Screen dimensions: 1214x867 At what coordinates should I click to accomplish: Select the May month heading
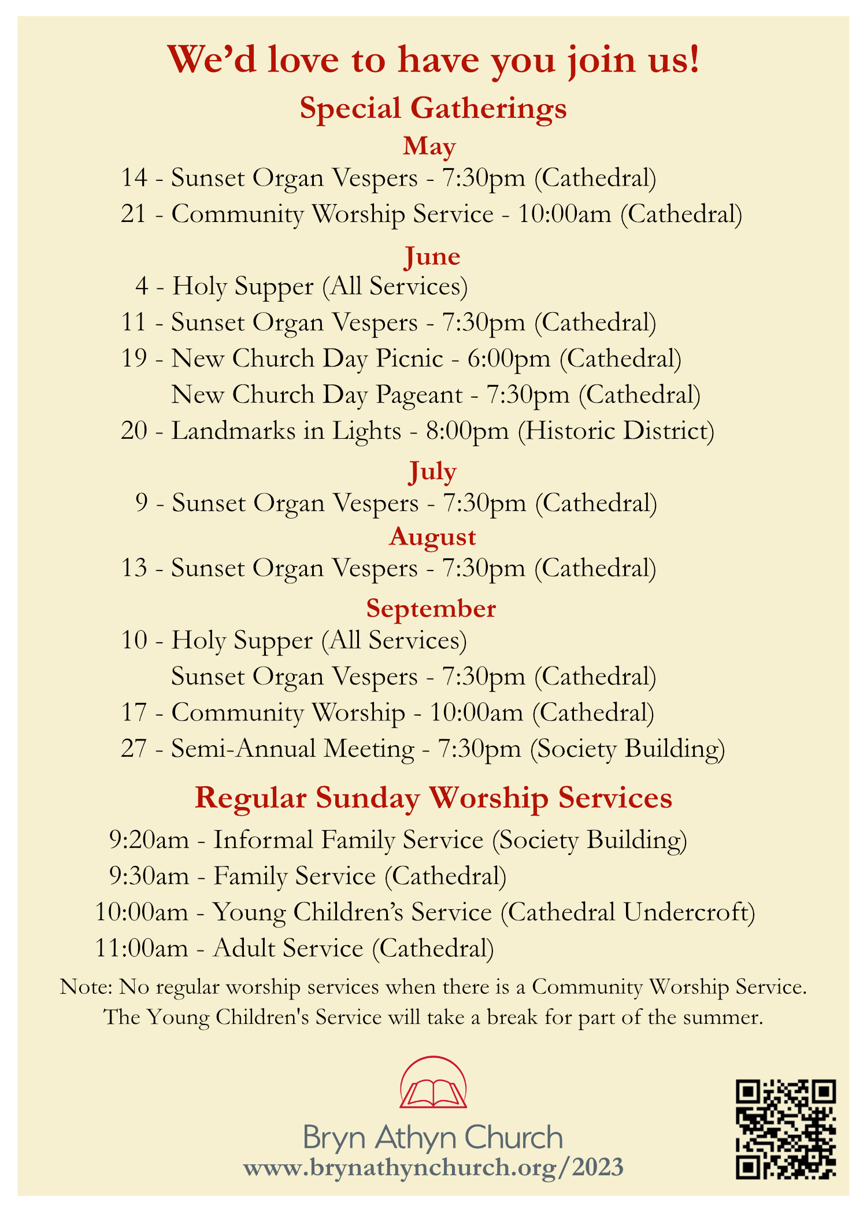coord(429,146)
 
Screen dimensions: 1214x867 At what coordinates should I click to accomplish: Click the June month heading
coord(432,256)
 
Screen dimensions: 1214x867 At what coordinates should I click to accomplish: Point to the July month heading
coord(432,471)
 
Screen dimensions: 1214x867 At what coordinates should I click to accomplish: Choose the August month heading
coord(432,536)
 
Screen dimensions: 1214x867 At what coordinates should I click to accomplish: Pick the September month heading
coord(431,609)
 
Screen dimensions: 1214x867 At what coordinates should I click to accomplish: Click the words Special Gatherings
coord(433,108)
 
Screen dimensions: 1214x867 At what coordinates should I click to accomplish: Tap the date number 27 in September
coord(134,749)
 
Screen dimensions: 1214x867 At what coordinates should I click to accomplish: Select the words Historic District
coord(616,431)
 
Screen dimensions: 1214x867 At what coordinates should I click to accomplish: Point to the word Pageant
coord(419,395)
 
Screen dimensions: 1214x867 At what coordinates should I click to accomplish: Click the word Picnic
coord(409,359)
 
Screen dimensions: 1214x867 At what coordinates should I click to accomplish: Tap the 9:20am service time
coord(149,840)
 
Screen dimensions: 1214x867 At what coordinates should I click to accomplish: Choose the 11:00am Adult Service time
coord(142,949)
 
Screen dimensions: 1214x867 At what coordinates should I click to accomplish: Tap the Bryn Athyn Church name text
coord(433,1137)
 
